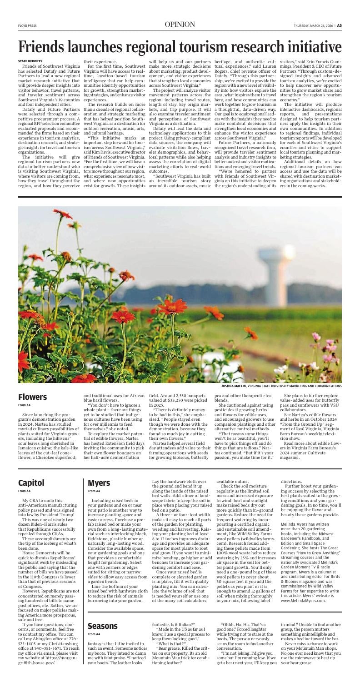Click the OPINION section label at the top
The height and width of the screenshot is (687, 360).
[x=180, y=25]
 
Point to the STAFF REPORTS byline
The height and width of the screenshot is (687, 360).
[x=30, y=61]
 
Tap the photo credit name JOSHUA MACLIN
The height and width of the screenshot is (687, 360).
[x=233, y=386]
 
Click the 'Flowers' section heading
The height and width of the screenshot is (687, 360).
[x=32, y=397]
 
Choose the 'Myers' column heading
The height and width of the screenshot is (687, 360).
[x=99, y=483]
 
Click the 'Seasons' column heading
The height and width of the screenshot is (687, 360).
[x=103, y=625]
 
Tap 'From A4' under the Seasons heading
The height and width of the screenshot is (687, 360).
[x=94, y=634]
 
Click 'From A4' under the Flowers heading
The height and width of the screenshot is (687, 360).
[x=25, y=405]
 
